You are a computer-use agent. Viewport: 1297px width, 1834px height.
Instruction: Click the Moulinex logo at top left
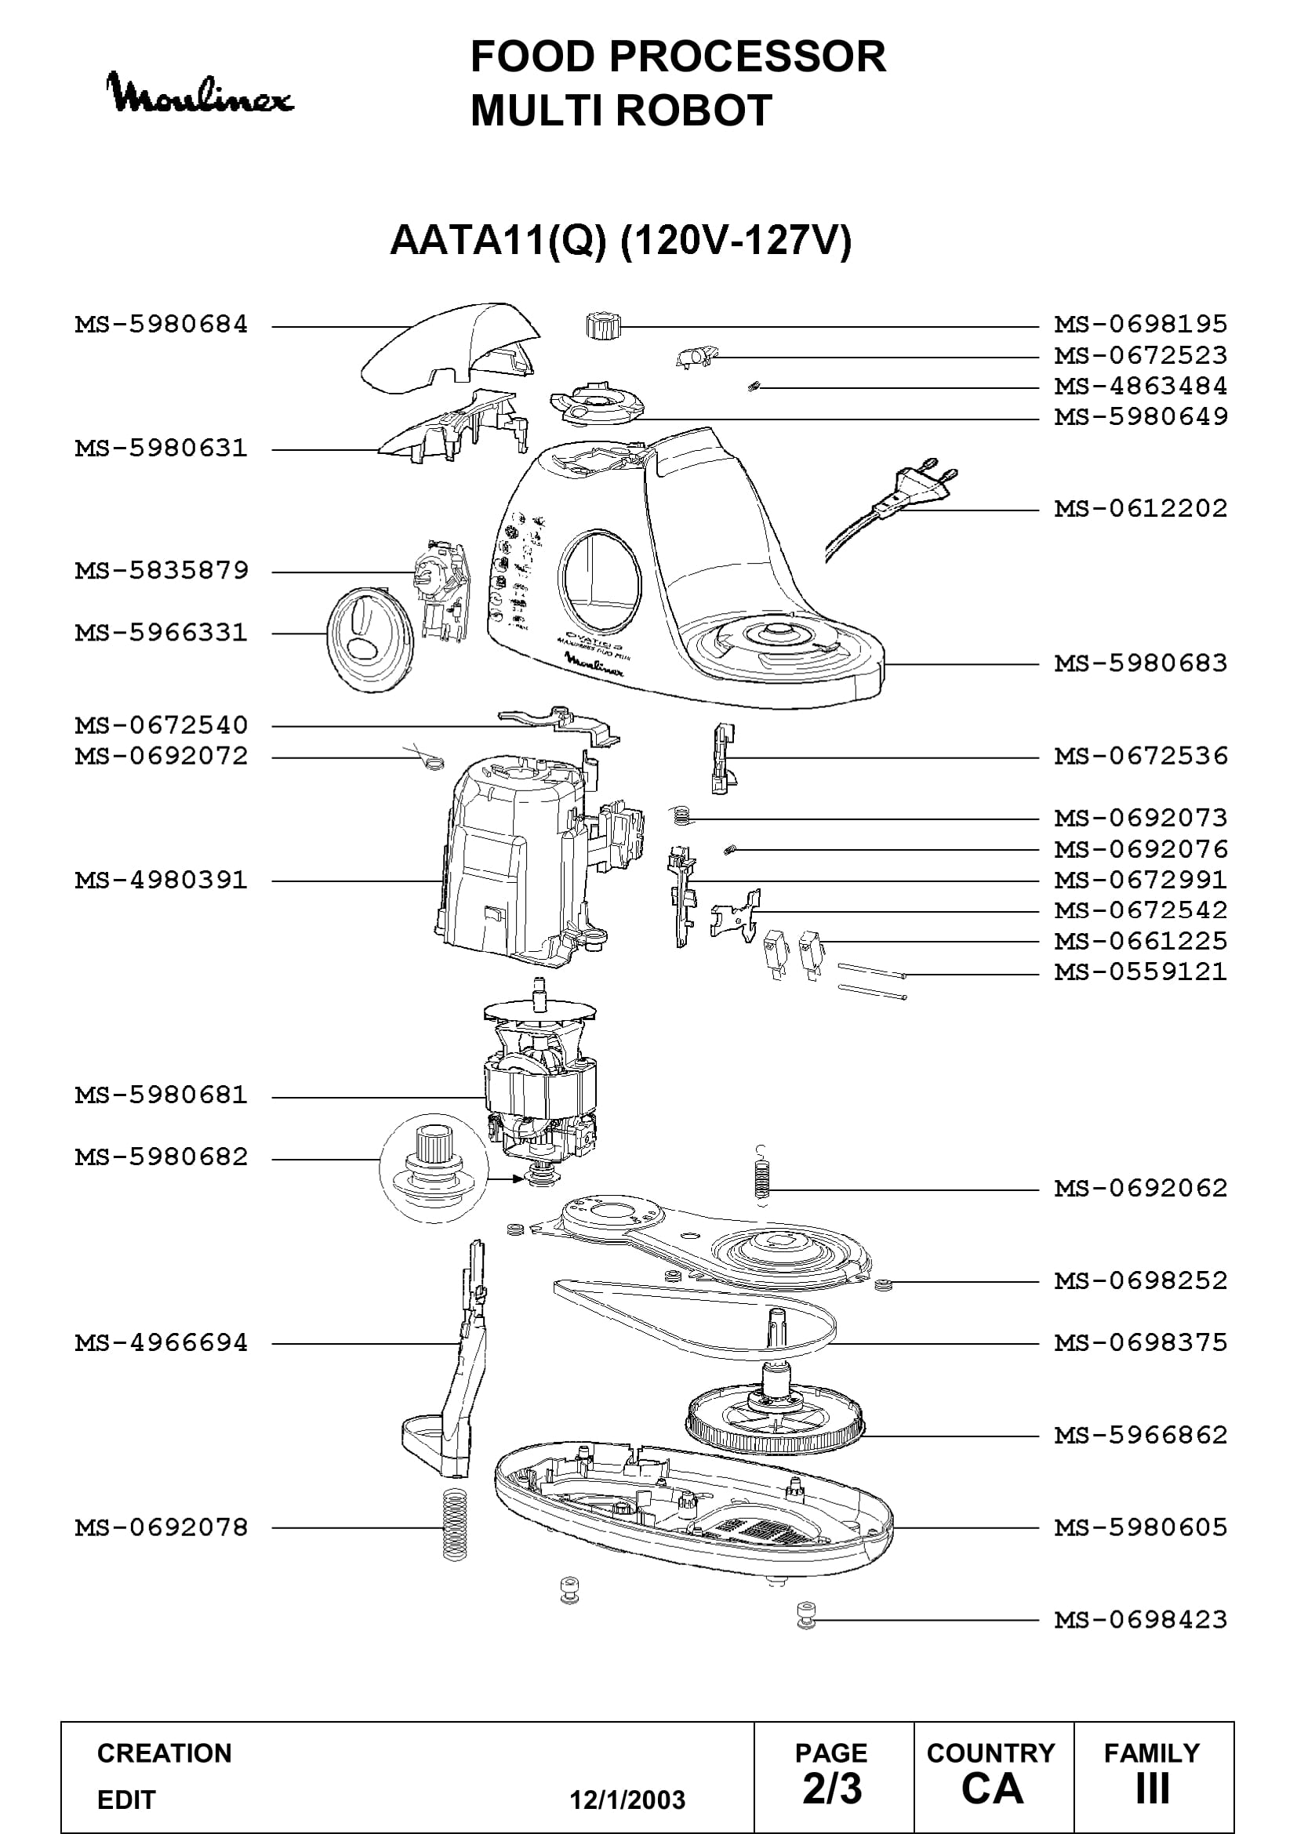click(201, 93)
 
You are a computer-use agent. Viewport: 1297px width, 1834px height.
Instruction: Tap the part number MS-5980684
click(162, 325)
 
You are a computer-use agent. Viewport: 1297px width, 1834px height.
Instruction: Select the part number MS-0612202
click(1140, 509)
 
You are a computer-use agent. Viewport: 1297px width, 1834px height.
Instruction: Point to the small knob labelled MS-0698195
click(601, 326)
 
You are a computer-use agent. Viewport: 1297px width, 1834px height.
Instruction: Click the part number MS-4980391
click(162, 881)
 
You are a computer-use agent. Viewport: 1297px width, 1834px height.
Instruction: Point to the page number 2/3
click(832, 1789)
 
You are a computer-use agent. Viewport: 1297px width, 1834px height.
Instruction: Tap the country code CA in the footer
click(992, 1789)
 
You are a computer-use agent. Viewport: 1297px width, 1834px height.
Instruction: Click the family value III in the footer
click(1153, 1789)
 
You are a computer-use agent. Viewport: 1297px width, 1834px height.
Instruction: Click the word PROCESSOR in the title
click(747, 56)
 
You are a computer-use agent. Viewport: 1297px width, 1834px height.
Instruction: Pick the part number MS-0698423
click(1140, 1620)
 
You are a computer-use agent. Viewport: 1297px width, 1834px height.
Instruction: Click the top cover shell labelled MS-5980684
click(450, 348)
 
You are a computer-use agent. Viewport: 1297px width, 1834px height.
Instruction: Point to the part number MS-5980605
click(1140, 1527)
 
